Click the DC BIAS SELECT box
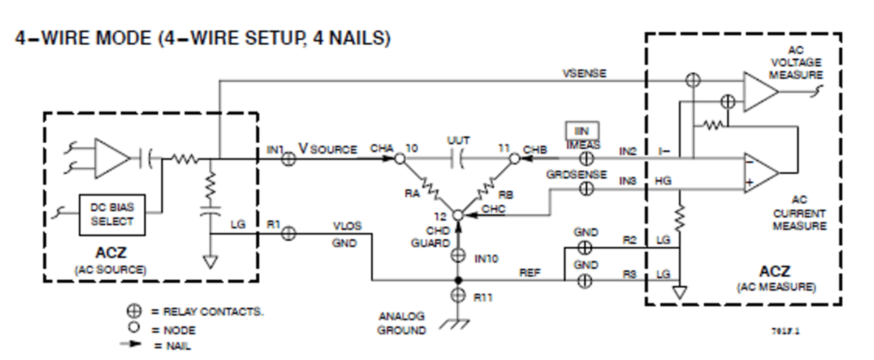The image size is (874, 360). (112, 215)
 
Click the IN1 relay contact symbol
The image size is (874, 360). (289, 159)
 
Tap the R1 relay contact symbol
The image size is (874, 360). (289, 233)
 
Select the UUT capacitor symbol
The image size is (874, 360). (458, 159)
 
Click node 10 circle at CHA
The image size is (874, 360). (399, 159)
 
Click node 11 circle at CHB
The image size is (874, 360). (514, 159)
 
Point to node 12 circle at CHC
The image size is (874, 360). (458, 215)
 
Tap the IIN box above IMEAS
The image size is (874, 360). (582, 131)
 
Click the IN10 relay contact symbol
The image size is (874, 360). (458, 255)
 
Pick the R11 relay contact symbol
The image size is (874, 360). (458, 295)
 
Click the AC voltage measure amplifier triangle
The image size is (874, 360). (759, 92)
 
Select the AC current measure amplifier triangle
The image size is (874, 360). (759, 173)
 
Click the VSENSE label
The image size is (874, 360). (584, 73)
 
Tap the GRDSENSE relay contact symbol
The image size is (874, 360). (586, 189)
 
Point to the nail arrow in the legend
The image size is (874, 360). (131, 344)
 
